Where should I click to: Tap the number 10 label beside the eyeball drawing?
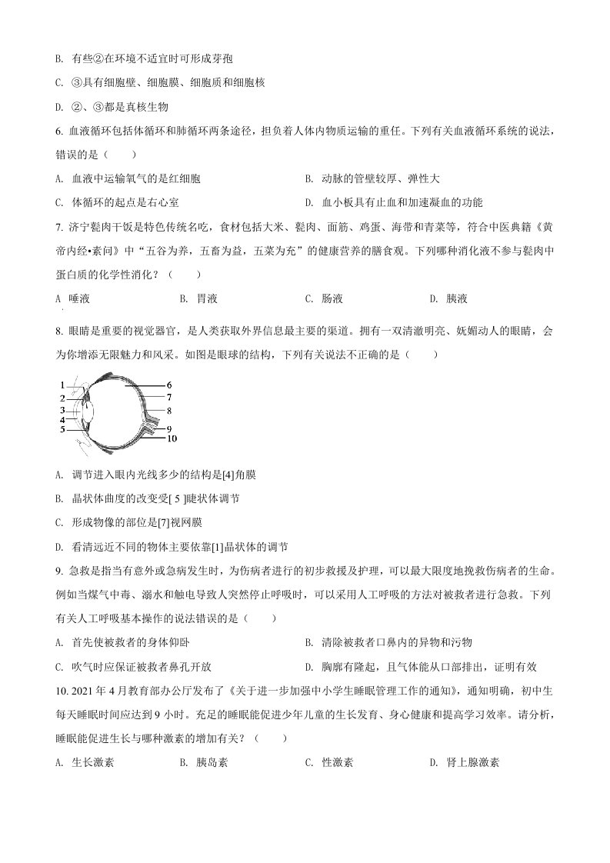point(171,438)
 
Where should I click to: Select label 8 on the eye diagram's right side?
point(169,411)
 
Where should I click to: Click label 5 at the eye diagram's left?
point(62,429)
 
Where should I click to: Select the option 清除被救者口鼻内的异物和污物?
point(395,642)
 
